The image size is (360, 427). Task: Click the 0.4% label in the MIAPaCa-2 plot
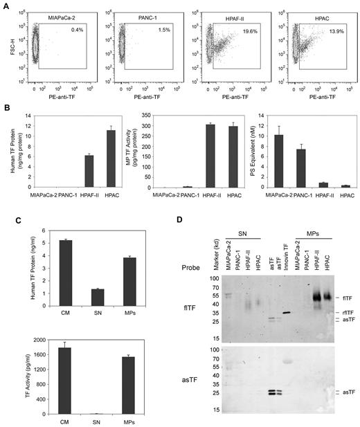pos(73,30)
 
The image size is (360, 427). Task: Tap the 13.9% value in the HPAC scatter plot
pos(338,30)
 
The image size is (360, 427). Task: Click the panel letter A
pos(6,5)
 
